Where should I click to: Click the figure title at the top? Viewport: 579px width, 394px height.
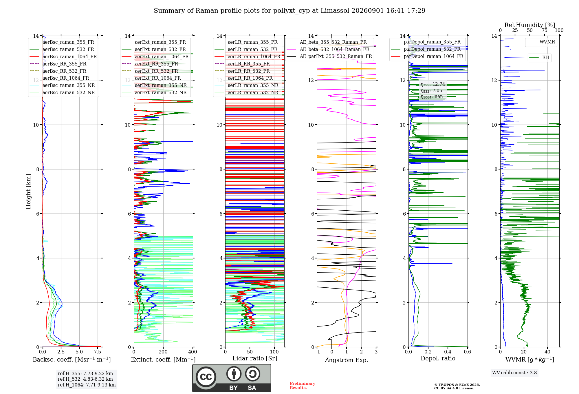pos(289,11)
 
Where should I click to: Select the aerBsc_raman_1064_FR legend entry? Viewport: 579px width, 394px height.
pos(63,56)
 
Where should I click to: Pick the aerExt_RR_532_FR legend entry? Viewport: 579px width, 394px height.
pos(150,71)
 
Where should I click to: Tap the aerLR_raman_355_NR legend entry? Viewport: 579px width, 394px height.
pos(246,85)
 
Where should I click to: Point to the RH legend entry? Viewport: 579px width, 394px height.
pos(539,58)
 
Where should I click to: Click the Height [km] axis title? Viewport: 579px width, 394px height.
pos(28,191)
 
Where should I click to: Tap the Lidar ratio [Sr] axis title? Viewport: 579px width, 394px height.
pos(255,358)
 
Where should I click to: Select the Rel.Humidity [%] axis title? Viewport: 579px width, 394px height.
pos(530,25)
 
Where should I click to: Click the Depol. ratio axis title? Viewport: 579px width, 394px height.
pos(438,358)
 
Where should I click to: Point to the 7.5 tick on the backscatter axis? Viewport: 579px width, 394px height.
pos(98,352)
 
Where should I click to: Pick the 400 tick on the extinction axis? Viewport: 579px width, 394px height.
pos(193,352)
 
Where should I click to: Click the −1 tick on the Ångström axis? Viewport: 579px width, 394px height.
pos(317,352)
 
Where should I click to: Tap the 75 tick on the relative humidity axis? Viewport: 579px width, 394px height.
pos(545,30)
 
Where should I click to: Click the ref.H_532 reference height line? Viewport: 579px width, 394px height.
pos(85,379)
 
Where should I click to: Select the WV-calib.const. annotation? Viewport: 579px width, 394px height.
pos(514,373)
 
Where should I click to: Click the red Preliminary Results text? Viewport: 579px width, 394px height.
pos(303,386)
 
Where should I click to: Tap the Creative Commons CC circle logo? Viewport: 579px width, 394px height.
pos(206,377)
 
